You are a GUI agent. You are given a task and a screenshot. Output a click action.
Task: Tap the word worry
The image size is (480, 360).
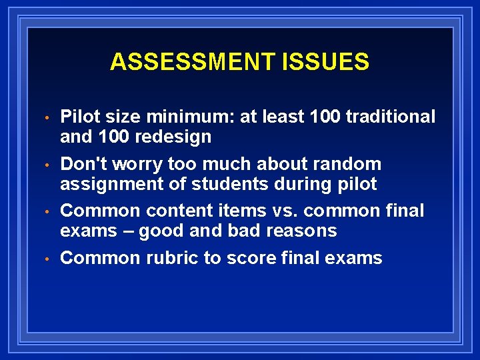tap(137, 164)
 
